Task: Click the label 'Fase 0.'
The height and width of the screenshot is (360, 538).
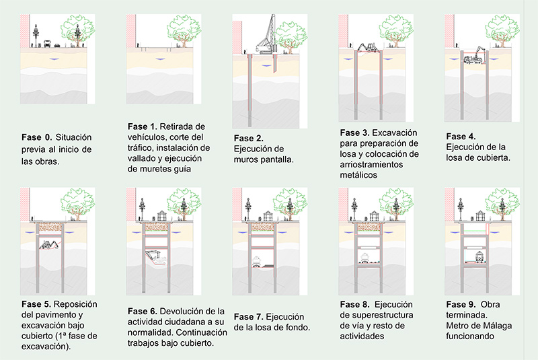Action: click(x=37, y=138)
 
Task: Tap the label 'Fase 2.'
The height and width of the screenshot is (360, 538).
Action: click(x=249, y=139)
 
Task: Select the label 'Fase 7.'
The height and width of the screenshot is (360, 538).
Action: click(x=249, y=317)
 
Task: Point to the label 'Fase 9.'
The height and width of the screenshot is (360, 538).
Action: click(x=461, y=304)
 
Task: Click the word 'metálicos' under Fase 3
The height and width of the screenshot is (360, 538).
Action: click(x=358, y=175)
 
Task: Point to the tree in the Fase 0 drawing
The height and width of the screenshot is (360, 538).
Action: click(x=77, y=30)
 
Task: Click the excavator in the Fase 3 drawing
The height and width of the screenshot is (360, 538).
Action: click(x=368, y=47)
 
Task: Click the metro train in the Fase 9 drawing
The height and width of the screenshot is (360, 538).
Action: click(x=479, y=256)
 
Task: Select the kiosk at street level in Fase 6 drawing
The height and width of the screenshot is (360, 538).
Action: click(x=162, y=216)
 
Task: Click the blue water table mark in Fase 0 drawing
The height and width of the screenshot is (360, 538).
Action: click(x=54, y=59)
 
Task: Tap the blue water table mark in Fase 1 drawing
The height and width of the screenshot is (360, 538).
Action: click(x=160, y=59)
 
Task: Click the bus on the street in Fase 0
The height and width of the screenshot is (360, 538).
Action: click(x=47, y=44)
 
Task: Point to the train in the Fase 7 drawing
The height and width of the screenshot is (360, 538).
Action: click(x=258, y=261)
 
